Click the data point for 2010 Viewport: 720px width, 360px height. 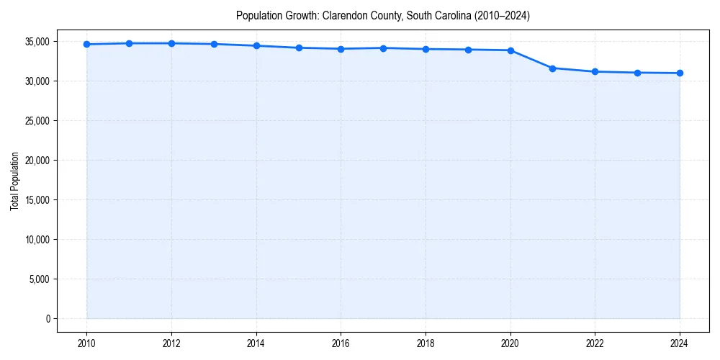click(x=87, y=44)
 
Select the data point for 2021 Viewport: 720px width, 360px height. click(x=553, y=68)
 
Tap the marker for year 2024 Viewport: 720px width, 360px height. click(x=680, y=73)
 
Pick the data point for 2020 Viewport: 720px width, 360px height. click(x=510, y=50)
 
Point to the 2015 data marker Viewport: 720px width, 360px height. click(x=299, y=48)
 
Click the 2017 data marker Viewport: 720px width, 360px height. click(x=383, y=48)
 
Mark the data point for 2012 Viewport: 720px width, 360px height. click(x=171, y=43)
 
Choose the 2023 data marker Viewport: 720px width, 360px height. click(x=637, y=73)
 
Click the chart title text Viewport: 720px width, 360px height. click(x=383, y=16)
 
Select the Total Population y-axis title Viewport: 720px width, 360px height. click(x=14, y=181)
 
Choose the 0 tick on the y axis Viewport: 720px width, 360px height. click(x=47, y=319)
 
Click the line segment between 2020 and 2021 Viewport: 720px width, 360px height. click(x=531, y=59)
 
